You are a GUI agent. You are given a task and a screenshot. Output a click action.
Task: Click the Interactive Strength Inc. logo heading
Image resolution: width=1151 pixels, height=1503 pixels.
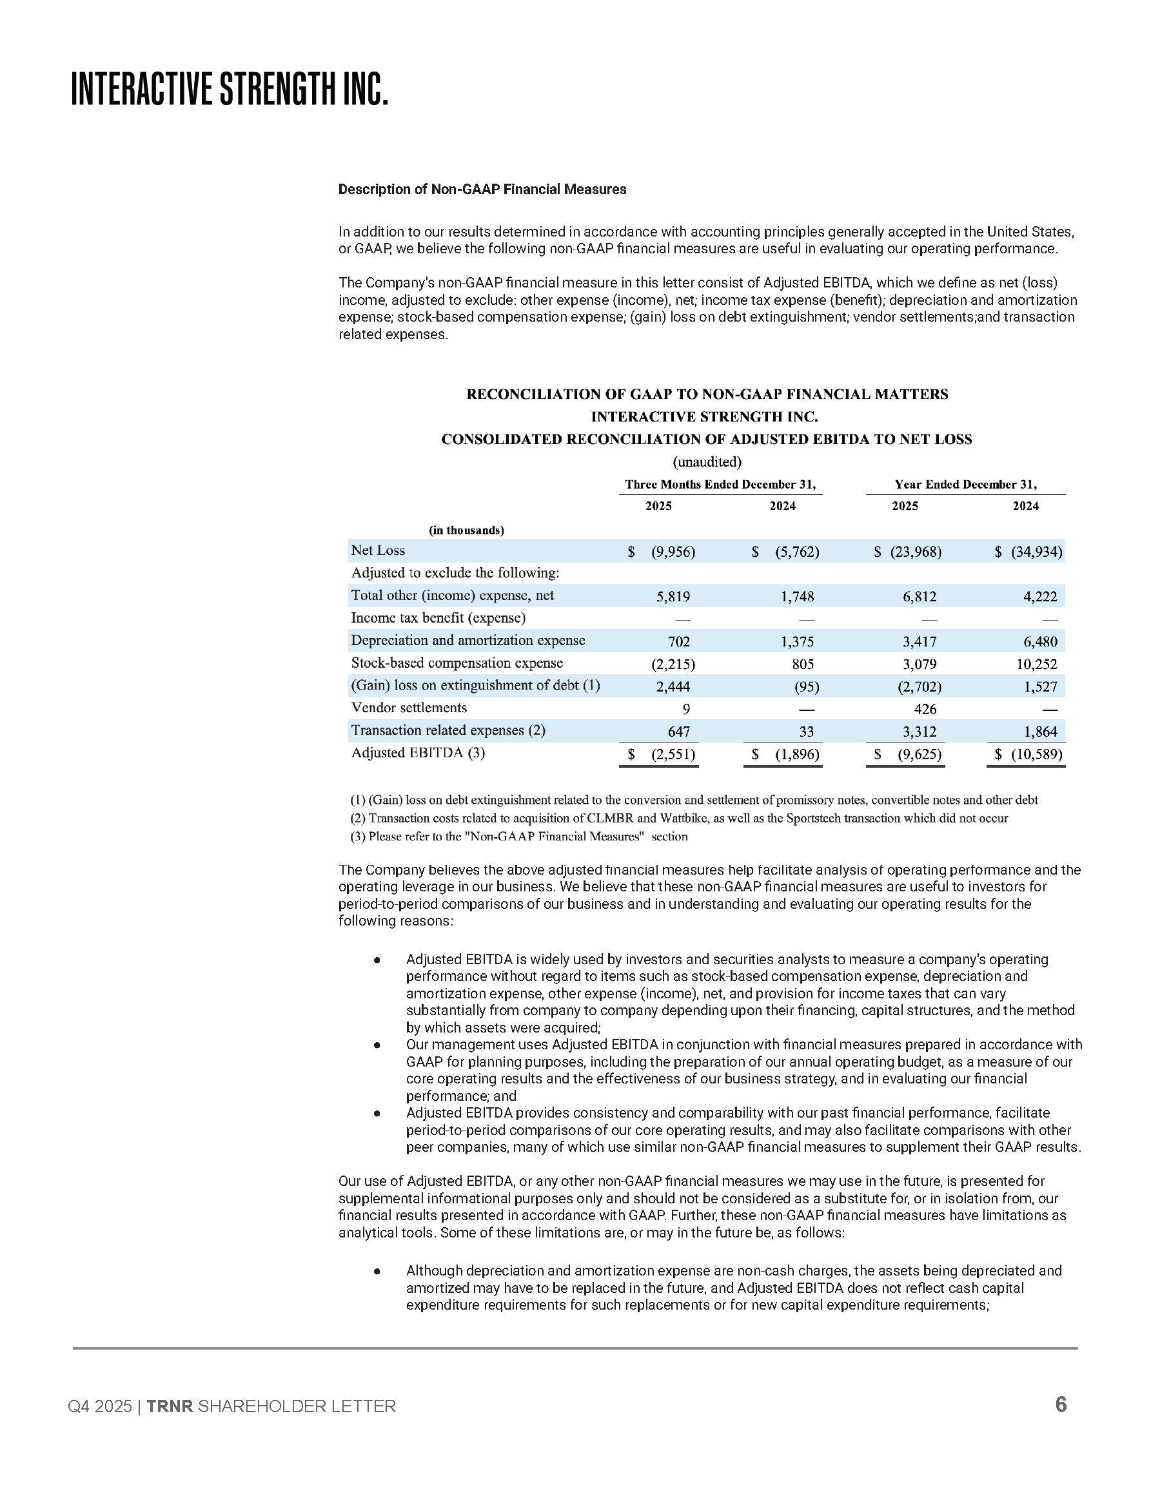point(230,89)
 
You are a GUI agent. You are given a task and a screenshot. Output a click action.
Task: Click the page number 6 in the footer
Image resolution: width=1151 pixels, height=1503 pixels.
point(1061,1404)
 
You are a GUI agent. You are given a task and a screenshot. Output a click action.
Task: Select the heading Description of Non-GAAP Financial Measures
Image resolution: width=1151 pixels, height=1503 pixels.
point(482,189)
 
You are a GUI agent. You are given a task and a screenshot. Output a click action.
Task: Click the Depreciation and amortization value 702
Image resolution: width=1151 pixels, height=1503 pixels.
point(679,641)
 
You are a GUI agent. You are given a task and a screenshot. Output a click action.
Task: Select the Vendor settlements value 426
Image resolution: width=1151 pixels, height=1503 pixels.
point(925,710)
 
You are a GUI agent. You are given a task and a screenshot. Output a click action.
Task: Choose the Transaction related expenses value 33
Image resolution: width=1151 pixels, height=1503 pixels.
point(807,732)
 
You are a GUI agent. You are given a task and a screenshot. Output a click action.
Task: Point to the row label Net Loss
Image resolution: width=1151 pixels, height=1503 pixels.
point(377,550)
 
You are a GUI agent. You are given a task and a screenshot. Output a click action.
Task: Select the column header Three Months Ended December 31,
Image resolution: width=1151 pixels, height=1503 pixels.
point(720,485)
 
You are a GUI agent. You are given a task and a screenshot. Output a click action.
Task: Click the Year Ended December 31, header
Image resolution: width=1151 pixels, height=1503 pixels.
point(965,485)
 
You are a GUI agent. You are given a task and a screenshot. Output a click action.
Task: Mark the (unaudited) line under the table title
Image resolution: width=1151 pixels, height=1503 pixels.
point(707,461)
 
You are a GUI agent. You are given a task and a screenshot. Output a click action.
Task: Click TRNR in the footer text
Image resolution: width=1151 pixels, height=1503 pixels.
point(170,1406)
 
